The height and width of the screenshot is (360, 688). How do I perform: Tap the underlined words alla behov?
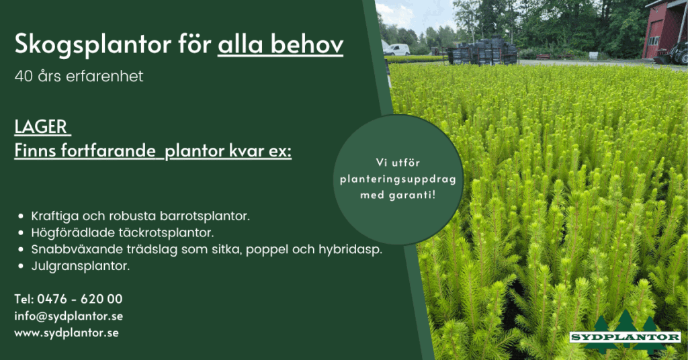280,44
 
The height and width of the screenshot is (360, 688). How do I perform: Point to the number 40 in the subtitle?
24,77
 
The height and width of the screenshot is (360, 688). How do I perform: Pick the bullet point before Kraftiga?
21,216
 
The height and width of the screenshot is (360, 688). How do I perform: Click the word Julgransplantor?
81,266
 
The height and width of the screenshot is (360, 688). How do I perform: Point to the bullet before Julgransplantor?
21,266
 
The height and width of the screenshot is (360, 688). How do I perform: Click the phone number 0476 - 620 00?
80,299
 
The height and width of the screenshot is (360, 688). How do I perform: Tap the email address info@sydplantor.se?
69,316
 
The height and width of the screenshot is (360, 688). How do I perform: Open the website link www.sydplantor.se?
67,333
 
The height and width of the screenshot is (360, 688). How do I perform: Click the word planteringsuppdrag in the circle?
398,179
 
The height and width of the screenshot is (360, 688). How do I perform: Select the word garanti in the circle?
412,195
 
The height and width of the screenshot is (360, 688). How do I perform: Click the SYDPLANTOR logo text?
625,337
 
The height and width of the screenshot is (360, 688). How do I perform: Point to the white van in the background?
396,50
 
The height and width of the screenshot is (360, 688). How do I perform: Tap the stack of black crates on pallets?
482,52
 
